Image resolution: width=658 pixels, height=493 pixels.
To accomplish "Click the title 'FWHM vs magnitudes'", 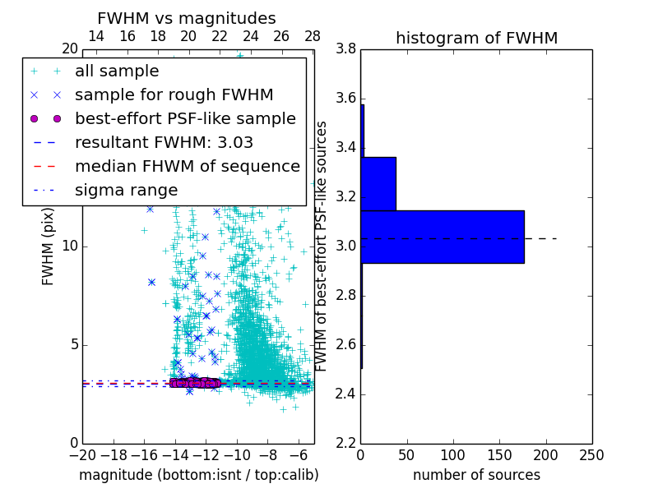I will tap(187, 18).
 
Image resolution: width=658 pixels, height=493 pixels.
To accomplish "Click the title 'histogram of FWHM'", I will tap(476, 38).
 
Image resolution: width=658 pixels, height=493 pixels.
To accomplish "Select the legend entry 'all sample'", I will tap(117, 71).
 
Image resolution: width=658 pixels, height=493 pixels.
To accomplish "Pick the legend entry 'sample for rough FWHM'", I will tap(174, 94).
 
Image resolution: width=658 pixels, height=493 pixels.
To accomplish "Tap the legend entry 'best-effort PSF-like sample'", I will tap(185, 118).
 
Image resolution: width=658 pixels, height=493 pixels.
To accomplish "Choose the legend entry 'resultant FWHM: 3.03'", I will tap(164, 142).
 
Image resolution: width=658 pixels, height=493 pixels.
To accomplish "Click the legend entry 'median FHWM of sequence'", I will tap(187, 166).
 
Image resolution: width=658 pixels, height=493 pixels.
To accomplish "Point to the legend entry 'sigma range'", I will tap(126, 190).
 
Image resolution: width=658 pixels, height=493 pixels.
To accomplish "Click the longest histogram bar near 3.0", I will tap(443, 237).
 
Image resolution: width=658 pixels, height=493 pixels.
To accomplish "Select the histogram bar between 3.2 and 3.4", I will tap(378, 183).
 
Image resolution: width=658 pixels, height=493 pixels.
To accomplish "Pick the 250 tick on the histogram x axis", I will tap(591, 455).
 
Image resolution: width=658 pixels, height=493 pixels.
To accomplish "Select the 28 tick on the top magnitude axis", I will tap(313, 36).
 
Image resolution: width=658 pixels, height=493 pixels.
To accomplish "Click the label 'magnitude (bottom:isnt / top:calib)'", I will tap(198, 475).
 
